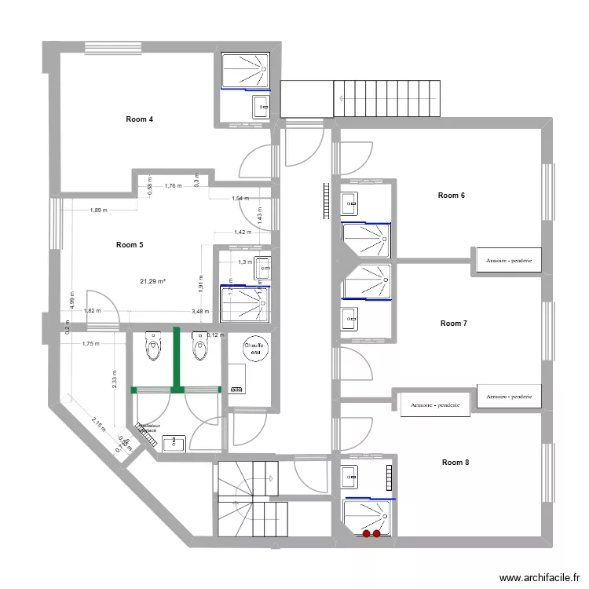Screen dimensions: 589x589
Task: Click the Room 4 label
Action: (139, 119)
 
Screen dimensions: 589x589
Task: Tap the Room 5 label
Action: (129, 245)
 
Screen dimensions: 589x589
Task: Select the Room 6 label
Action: (451, 196)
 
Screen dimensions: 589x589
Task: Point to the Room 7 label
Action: (453, 323)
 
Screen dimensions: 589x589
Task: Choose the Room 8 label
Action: (455, 463)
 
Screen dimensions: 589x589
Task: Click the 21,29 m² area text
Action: (152, 281)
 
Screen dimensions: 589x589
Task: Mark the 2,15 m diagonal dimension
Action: (97, 425)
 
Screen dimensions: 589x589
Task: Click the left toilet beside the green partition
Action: (152, 346)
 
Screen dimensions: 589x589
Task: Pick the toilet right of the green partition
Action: (199, 346)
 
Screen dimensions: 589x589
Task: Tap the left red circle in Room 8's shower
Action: (366, 534)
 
